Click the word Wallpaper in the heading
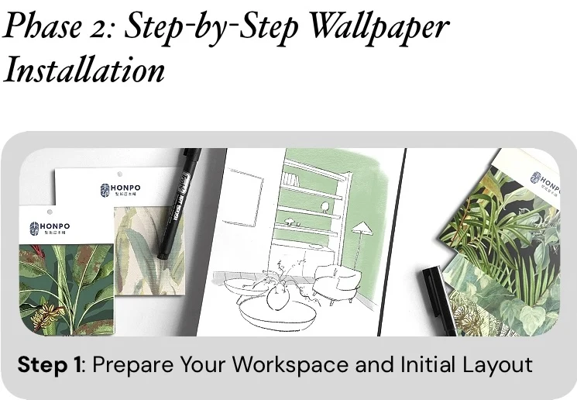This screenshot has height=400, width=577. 377,27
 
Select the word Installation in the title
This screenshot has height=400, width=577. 84,70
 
